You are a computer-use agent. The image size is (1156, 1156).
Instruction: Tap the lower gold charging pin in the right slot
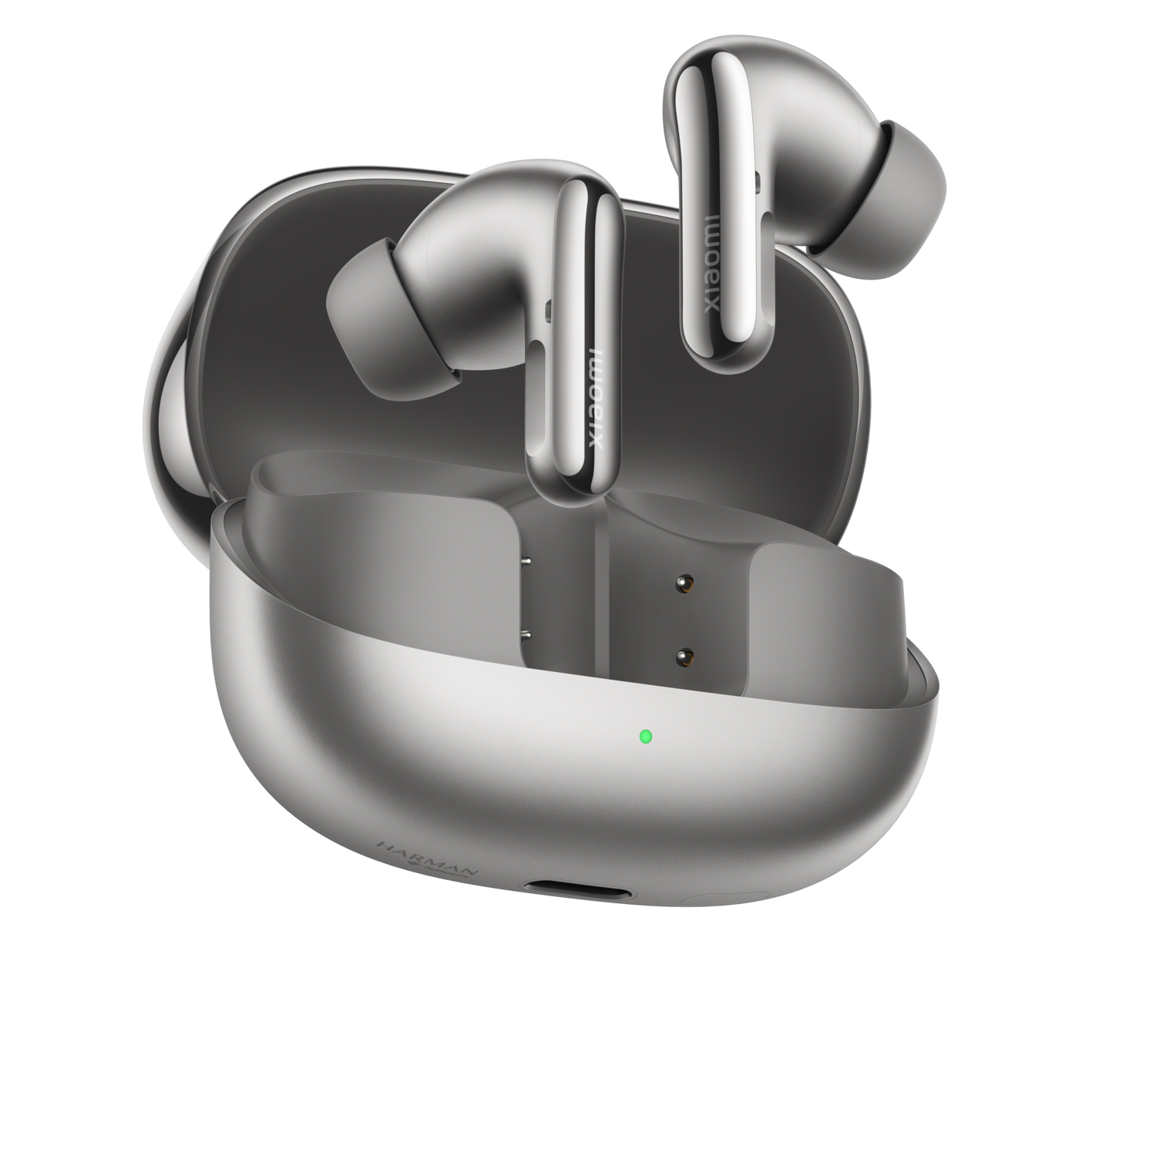click(x=681, y=657)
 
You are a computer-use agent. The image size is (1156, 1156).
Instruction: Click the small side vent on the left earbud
click(x=547, y=311)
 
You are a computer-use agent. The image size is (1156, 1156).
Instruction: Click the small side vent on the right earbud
click(x=758, y=182)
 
